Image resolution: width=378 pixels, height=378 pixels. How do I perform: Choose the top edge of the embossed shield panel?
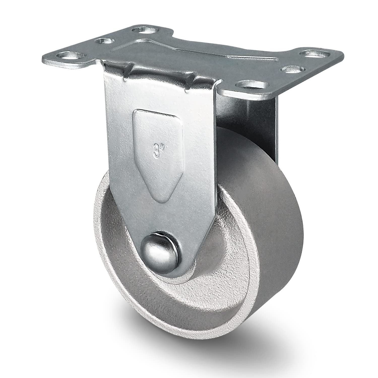click(x=156, y=111)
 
